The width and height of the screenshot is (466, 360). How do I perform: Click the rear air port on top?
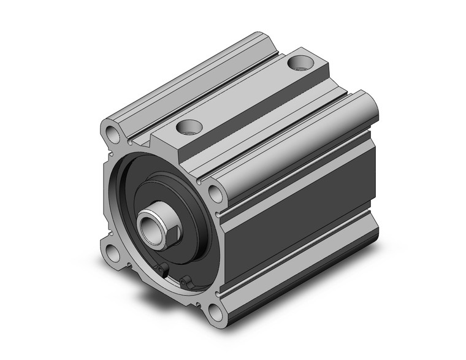[x=300, y=62]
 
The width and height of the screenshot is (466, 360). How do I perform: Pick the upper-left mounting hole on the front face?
[x=113, y=132]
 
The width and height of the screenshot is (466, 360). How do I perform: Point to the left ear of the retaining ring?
[x=161, y=270]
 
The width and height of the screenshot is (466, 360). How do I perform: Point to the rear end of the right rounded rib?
[x=367, y=104]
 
